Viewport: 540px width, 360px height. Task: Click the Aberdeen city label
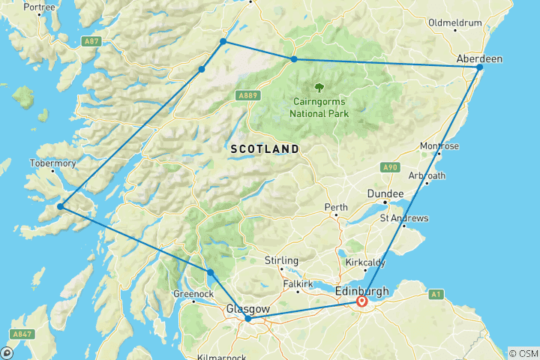(480, 58)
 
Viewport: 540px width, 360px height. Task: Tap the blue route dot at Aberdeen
(480, 68)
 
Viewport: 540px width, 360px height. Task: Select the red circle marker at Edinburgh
(361, 301)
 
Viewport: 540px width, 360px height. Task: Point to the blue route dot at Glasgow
(248, 319)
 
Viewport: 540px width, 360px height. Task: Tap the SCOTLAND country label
(265, 149)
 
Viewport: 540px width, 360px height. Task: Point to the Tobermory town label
(52, 163)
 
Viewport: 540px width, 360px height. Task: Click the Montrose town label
(440, 145)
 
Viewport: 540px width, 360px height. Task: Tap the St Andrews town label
(404, 218)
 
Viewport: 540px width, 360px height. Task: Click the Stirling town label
(282, 260)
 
